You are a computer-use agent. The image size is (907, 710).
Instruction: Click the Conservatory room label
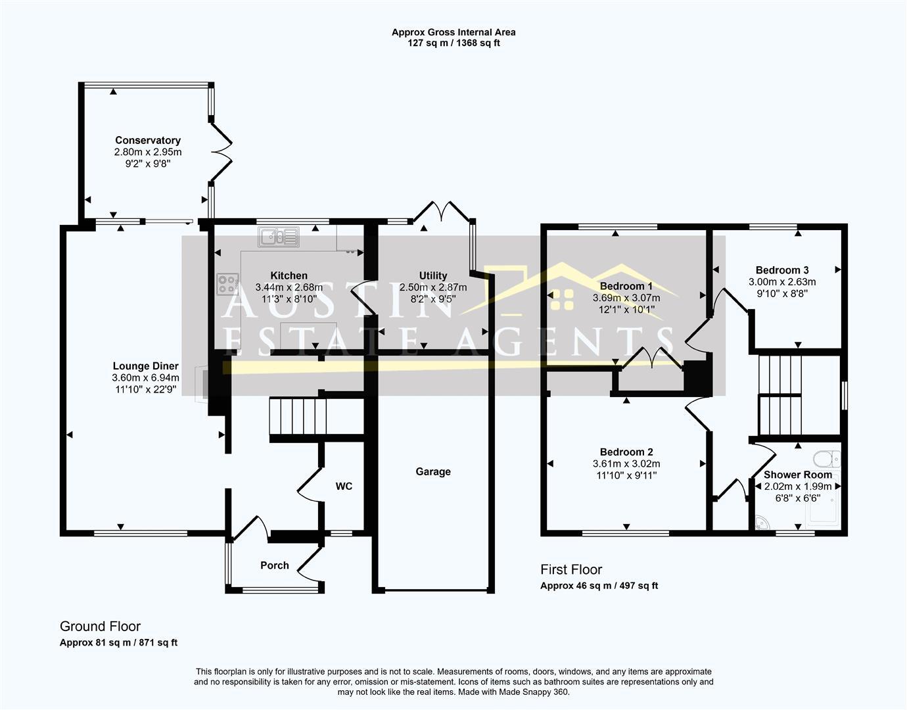(x=148, y=140)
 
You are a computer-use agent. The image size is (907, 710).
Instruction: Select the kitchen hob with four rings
(x=228, y=284)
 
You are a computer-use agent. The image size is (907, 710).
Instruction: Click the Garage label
(x=433, y=471)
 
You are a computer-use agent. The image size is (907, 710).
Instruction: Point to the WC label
(x=344, y=486)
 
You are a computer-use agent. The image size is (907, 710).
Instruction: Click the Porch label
(x=274, y=565)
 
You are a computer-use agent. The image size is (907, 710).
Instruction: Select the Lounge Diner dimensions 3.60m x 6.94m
(x=145, y=378)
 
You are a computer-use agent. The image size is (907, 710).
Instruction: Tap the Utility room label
(x=433, y=275)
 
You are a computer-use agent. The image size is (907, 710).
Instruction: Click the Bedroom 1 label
(x=626, y=286)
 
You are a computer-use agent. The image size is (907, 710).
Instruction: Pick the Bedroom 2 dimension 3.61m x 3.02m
(x=626, y=463)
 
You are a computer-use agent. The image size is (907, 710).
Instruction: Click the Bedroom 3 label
(x=782, y=270)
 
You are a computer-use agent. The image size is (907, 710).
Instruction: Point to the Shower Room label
(x=798, y=475)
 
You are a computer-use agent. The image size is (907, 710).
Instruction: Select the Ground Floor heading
(x=100, y=627)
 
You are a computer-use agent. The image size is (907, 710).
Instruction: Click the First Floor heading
(x=571, y=570)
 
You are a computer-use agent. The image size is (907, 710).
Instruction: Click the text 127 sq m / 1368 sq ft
(x=454, y=43)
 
